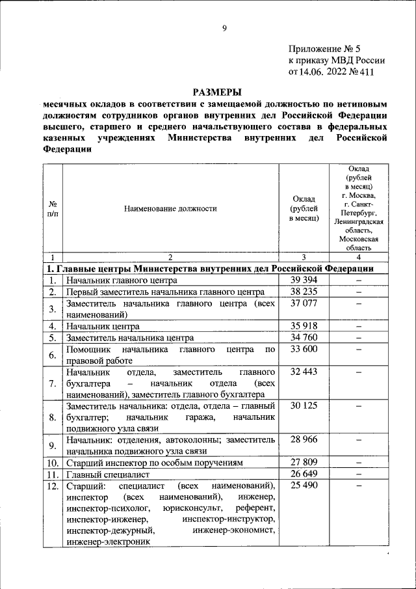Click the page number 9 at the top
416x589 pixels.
coord(224,28)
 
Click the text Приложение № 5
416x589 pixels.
coord(322,49)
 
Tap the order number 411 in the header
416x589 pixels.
coord(367,72)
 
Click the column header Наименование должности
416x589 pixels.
coord(170,209)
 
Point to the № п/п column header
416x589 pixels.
coord(52,209)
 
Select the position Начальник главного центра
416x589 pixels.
coord(122,281)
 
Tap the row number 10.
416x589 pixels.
coord(52,463)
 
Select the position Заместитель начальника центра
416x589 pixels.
coord(129,338)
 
